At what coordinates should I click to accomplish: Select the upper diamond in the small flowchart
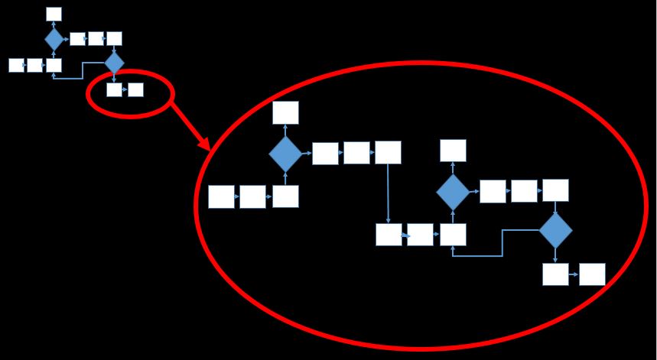coord(54,39)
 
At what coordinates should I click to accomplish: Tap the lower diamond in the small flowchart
coord(114,63)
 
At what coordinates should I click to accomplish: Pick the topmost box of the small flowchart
coord(54,14)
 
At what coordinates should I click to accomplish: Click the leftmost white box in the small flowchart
coord(16,65)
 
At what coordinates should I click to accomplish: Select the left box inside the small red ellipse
coord(114,89)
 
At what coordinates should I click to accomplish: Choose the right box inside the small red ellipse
coord(135,89)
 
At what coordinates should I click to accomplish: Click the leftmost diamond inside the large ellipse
coord(285,154)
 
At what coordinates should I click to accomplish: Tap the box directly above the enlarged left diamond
coord(285,112)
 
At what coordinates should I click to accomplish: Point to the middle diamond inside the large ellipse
coord(453,192)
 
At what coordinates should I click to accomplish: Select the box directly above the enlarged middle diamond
coord(453,151)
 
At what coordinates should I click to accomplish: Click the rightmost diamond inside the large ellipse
coord(555,230)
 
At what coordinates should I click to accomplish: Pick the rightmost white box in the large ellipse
coord(592,274)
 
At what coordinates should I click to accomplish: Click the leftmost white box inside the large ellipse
coord(221,196)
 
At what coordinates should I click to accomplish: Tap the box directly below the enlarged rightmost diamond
coord(555,274)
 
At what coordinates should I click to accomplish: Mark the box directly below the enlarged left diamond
coord(285,196)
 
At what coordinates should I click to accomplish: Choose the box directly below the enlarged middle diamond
coord(453,234)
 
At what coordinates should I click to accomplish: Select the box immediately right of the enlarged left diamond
coord(325,154)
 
